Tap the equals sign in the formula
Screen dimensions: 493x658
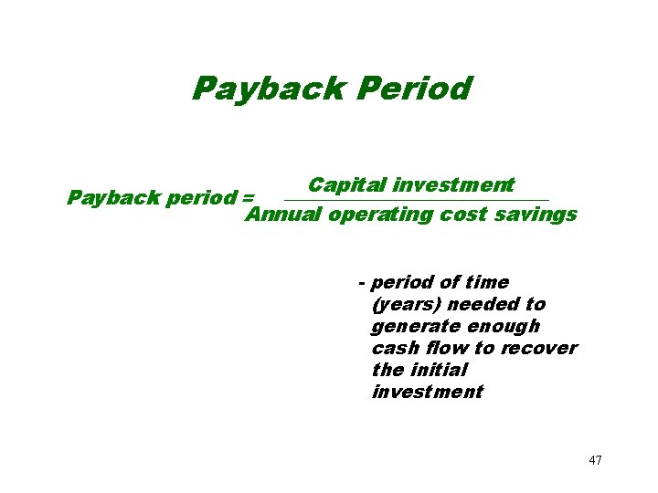247,196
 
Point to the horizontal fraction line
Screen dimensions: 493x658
417,200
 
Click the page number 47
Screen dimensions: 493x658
595,460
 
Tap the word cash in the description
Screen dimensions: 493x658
394,348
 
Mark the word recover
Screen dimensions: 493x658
538,348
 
